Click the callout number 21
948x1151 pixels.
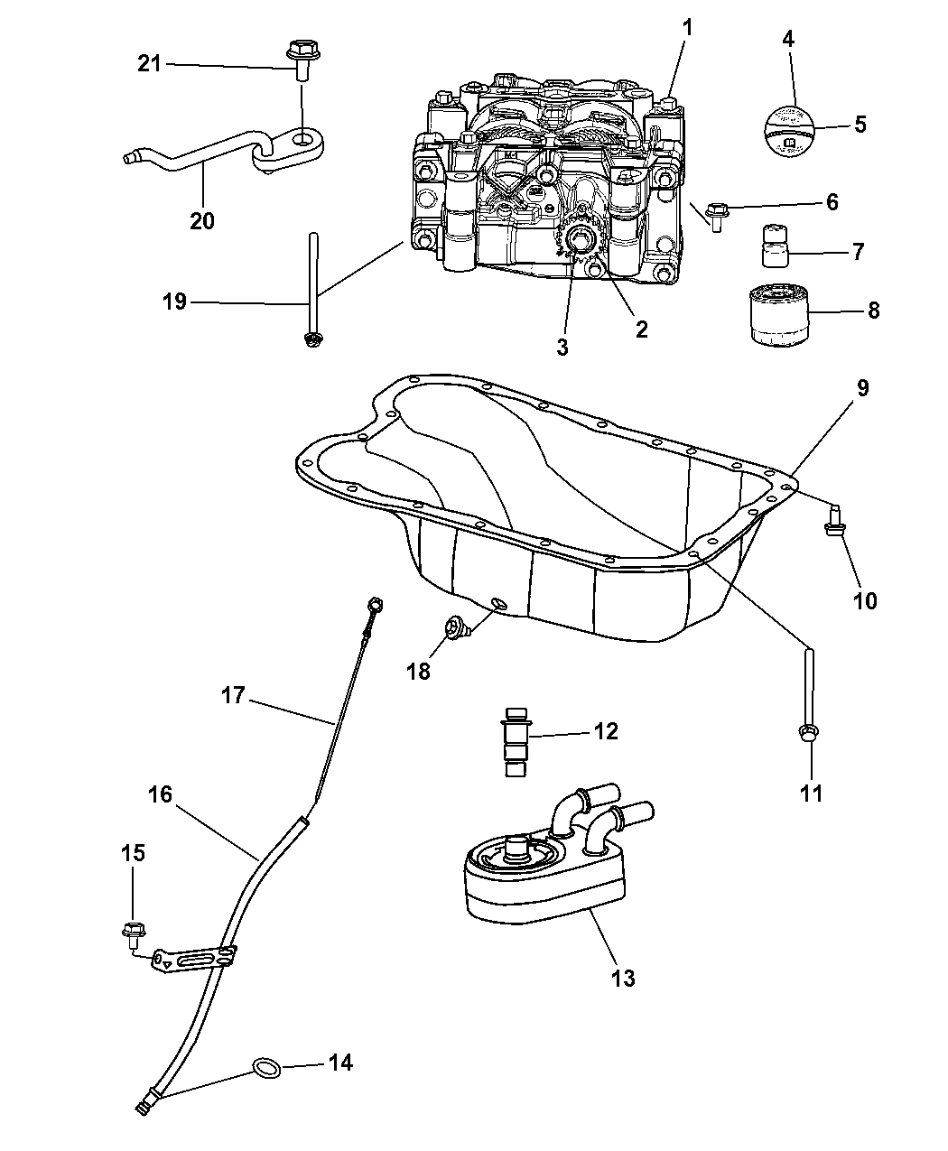(x=149, y=63)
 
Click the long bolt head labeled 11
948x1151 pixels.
(x=808, y=735)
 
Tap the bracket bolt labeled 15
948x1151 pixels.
(x=134, y=929)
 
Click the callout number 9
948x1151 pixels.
(x=862, y=388)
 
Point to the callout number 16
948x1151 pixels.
(x=160, y=794)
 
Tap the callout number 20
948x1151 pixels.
(x=202, y=219)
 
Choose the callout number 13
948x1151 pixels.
(x=623, y=977)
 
